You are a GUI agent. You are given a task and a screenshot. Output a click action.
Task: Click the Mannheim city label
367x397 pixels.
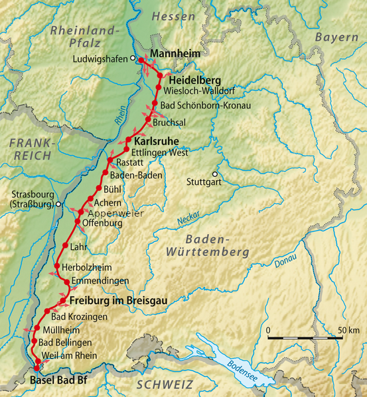tap(175, 53)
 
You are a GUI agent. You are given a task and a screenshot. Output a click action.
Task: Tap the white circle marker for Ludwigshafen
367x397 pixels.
tap(133, 58)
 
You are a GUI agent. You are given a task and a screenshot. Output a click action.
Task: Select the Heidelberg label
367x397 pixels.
tap(191, 80)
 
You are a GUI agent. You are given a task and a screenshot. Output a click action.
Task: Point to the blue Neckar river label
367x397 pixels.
tap(188, 217)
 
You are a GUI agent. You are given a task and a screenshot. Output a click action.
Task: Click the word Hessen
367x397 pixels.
tap(173, 16)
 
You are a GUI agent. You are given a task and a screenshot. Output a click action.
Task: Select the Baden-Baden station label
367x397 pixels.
tap(137, 175)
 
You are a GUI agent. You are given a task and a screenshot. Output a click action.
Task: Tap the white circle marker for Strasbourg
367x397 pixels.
tap(59, 204)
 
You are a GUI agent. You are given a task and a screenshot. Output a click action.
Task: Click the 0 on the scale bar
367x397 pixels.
tap(268, 330)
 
